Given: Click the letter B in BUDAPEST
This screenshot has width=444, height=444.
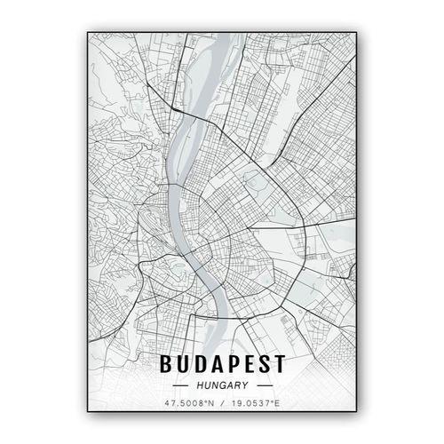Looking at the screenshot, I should pos(164,365).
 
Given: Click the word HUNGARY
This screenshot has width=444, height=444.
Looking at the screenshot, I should pos(222,386).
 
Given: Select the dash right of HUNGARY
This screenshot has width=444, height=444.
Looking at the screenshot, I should pos(265,386).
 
